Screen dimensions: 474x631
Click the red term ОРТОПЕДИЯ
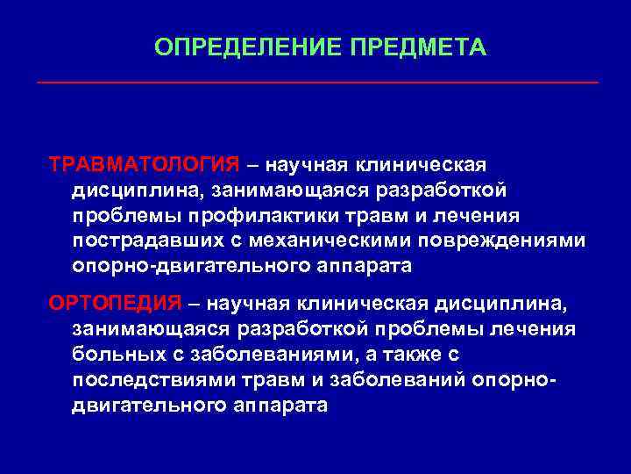(x=116, y=304)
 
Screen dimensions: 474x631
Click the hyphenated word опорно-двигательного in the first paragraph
(x=208, y=266)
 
